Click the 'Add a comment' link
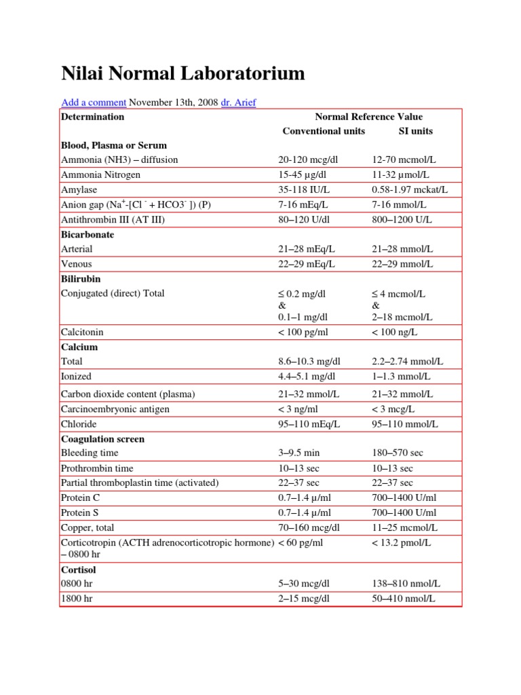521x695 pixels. pos(94,102)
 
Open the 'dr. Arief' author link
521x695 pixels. pos(239,102)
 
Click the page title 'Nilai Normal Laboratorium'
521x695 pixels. pos(182,73)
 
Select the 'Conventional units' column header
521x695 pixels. pos(324,131)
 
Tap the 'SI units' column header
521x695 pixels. pos(415,131)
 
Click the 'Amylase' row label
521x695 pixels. pos(77,189)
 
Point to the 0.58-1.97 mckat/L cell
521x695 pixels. pos(410,189)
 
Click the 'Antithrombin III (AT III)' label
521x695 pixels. pos(113,219)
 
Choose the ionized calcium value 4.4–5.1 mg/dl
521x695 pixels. pos(307,376)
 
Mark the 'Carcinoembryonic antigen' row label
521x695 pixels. pos(115,409)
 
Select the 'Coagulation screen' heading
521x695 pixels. pos(102,439)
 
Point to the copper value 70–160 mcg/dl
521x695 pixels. pos(309,527)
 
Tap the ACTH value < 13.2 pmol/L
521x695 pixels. pos(402,542)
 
